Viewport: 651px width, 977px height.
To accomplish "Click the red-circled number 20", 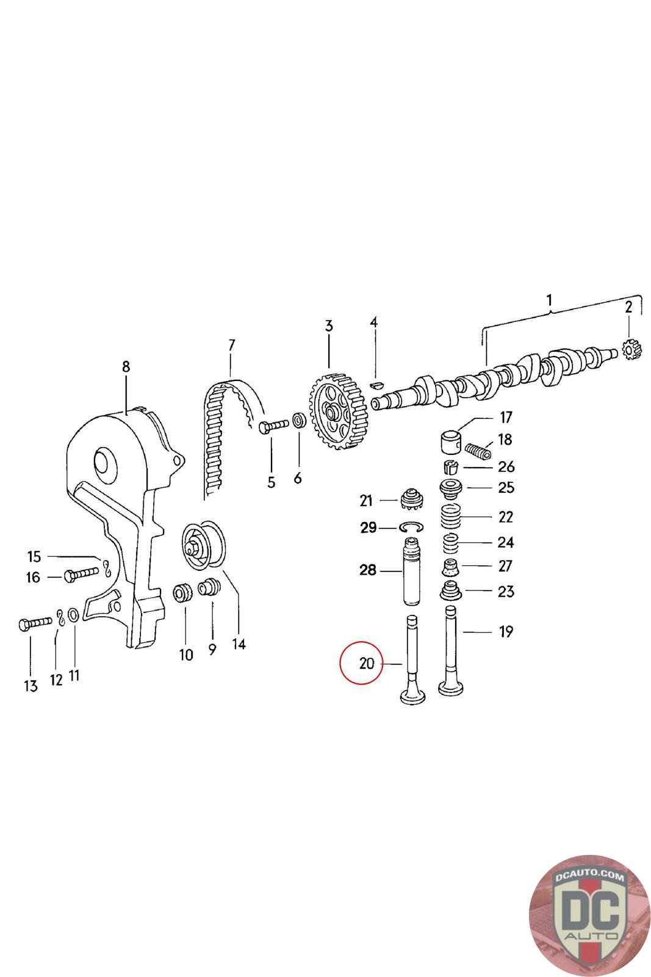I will (x=366, y=663).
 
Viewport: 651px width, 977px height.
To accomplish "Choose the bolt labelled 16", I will (x=79, y=574).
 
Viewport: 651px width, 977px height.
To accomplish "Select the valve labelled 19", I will (x=451, y=653).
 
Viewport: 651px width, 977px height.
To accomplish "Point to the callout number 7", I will (x=231, y=346).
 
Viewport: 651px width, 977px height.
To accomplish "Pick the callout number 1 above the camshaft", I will (x=549, y=300).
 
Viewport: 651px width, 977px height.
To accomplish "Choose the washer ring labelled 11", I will (x=72, y=614).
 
